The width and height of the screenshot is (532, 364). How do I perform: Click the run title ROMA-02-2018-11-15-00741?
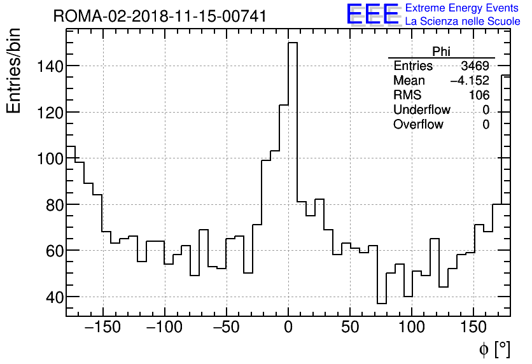point(160,16)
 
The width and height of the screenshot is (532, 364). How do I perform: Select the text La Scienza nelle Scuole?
point(463,22)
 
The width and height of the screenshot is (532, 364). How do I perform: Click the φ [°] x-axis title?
point(494,349)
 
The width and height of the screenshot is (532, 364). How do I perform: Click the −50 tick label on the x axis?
point(227,328)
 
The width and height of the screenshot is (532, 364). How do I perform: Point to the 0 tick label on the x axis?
point(288,328)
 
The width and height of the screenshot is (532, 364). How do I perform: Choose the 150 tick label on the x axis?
point(473,328)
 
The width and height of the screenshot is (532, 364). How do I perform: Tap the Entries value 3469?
point(475,66)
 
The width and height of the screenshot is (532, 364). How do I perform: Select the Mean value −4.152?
point(469,81)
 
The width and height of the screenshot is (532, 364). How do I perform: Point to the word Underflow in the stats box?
point(422,110)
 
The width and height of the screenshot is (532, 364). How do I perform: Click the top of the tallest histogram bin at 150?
point(293,43)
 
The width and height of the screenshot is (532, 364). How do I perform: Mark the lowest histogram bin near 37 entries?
point(381,303)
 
